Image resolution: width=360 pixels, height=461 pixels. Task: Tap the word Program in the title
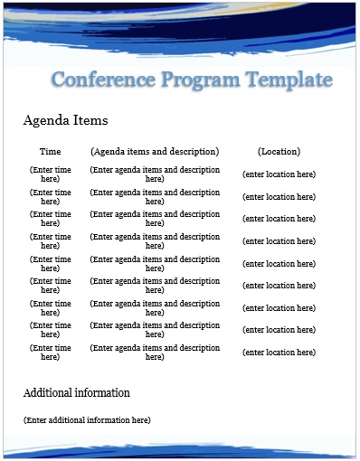[200, 80]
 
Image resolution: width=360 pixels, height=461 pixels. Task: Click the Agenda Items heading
[65, 120]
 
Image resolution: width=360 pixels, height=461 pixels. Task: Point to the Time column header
[51, 152]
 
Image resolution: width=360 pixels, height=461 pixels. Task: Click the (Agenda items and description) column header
[155, 152]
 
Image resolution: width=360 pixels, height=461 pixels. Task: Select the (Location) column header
[279, 152]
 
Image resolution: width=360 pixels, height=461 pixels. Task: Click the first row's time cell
[51, 174]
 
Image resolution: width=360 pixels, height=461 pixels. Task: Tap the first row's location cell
[279, 174]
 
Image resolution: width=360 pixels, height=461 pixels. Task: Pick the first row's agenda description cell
[155, 174]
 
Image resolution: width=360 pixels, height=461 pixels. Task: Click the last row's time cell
[51, 353]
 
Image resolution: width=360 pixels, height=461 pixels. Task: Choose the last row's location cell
[279, 353]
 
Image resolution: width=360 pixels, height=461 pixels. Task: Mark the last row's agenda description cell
[155, 353]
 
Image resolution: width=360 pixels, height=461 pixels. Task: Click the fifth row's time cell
[51, 264]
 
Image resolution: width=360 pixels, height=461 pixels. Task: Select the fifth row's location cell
[279, 264]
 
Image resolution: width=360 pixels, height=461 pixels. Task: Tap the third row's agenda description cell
[155, 219]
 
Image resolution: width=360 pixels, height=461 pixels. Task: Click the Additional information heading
[76, 393]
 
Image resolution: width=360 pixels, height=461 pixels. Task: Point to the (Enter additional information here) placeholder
[87, 420]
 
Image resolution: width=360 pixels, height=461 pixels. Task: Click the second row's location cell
[279, 197]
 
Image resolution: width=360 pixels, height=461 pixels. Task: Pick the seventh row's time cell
[51, 308]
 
